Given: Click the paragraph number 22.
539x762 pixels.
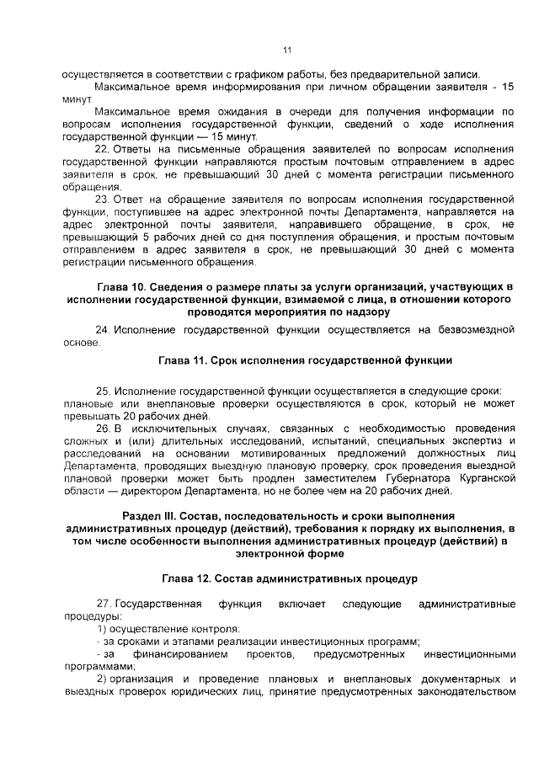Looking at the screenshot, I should click(104, 149).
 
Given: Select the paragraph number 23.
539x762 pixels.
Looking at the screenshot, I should click(104, 199).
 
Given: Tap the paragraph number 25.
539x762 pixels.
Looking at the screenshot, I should click(104, 392).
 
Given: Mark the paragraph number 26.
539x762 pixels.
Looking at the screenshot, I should click(104, 429).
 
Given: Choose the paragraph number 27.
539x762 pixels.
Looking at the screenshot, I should click(104, 605).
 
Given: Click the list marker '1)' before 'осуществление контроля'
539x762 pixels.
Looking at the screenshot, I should click(101, 630).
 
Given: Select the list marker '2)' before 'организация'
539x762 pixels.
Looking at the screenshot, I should click(101, 679).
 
